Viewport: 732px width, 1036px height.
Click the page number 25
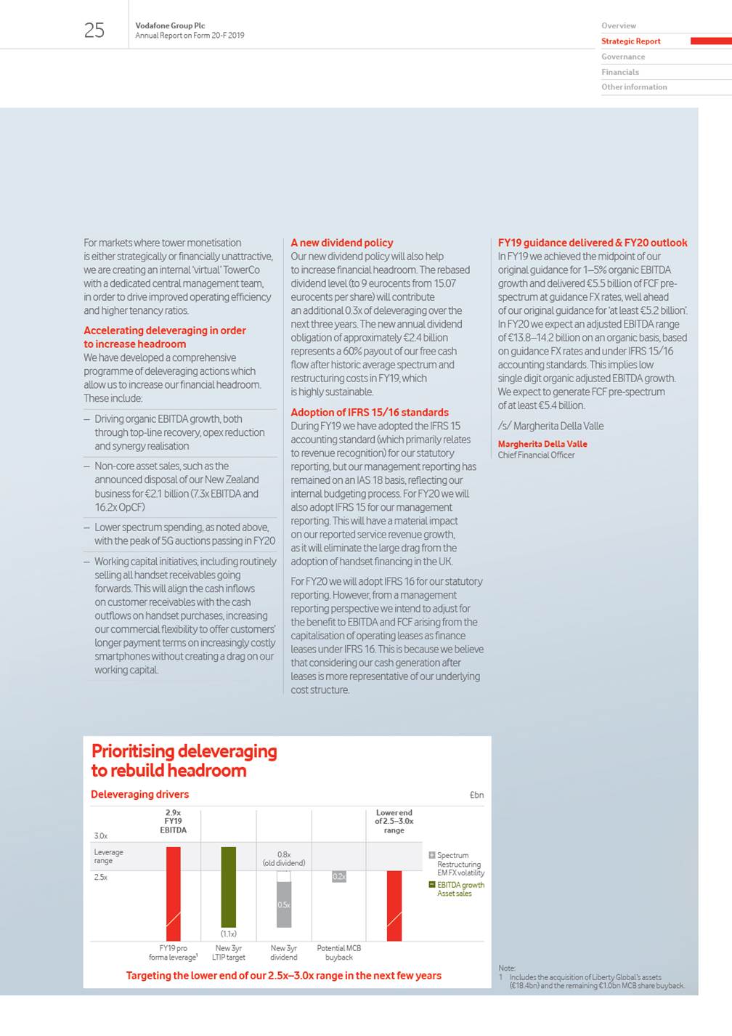point(94,30)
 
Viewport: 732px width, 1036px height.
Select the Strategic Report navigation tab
point(630,41)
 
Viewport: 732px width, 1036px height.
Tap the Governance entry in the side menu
point(622,57)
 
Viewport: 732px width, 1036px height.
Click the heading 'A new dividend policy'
point(342,243)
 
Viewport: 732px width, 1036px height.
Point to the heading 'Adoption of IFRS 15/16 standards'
point(370,413)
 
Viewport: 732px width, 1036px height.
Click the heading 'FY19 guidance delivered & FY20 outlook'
point(592,243)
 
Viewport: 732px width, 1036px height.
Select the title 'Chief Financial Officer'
point(536,456)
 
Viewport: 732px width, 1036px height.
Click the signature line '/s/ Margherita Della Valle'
point(550,426)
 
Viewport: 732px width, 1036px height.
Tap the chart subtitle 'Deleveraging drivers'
point(139,795)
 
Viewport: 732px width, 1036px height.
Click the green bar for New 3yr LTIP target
point(229,886)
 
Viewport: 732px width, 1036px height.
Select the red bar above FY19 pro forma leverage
point(174,894)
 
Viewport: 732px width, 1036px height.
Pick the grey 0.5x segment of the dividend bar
point(284,905)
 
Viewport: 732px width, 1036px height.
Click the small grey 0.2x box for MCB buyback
point(339,877)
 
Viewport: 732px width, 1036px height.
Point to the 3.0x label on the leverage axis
point(101,836)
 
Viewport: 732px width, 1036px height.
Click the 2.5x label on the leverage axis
point(101,878)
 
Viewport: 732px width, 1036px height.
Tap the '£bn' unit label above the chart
point(476,796)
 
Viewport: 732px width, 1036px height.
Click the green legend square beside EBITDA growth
point(432,885)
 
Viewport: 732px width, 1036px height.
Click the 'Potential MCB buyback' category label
point(339,952)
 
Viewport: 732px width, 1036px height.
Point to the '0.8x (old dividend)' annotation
point(284,859)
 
